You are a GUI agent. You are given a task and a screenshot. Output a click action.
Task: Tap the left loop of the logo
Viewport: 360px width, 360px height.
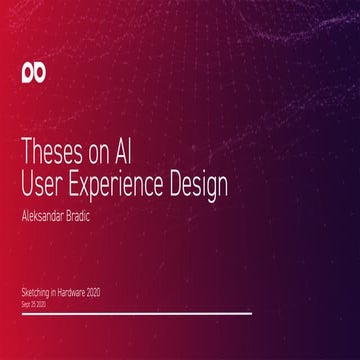(x=28, y=73)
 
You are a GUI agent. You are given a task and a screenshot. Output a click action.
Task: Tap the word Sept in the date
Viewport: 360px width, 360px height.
(x=25, y=301)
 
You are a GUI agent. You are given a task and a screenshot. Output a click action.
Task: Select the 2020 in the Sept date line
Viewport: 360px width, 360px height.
(x=40, y=301)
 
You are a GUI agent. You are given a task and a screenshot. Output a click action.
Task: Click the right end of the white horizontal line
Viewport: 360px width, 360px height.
(x=251, y=313)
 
